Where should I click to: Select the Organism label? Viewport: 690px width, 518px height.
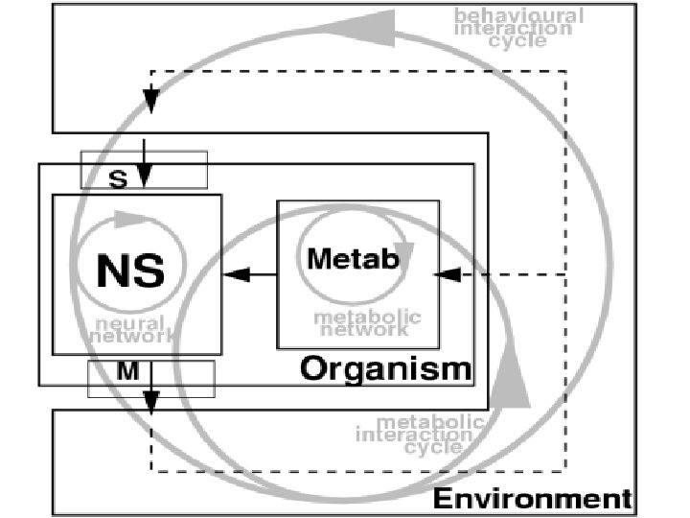(386, 368)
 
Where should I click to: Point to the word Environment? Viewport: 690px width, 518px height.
(533, 499)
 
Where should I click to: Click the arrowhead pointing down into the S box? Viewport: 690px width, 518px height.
(144, 177)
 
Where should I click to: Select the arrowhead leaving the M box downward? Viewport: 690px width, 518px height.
(150, 404)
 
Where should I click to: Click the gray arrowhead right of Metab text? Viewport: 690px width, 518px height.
(403, 254)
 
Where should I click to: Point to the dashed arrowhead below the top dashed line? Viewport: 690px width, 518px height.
(150, 100)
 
